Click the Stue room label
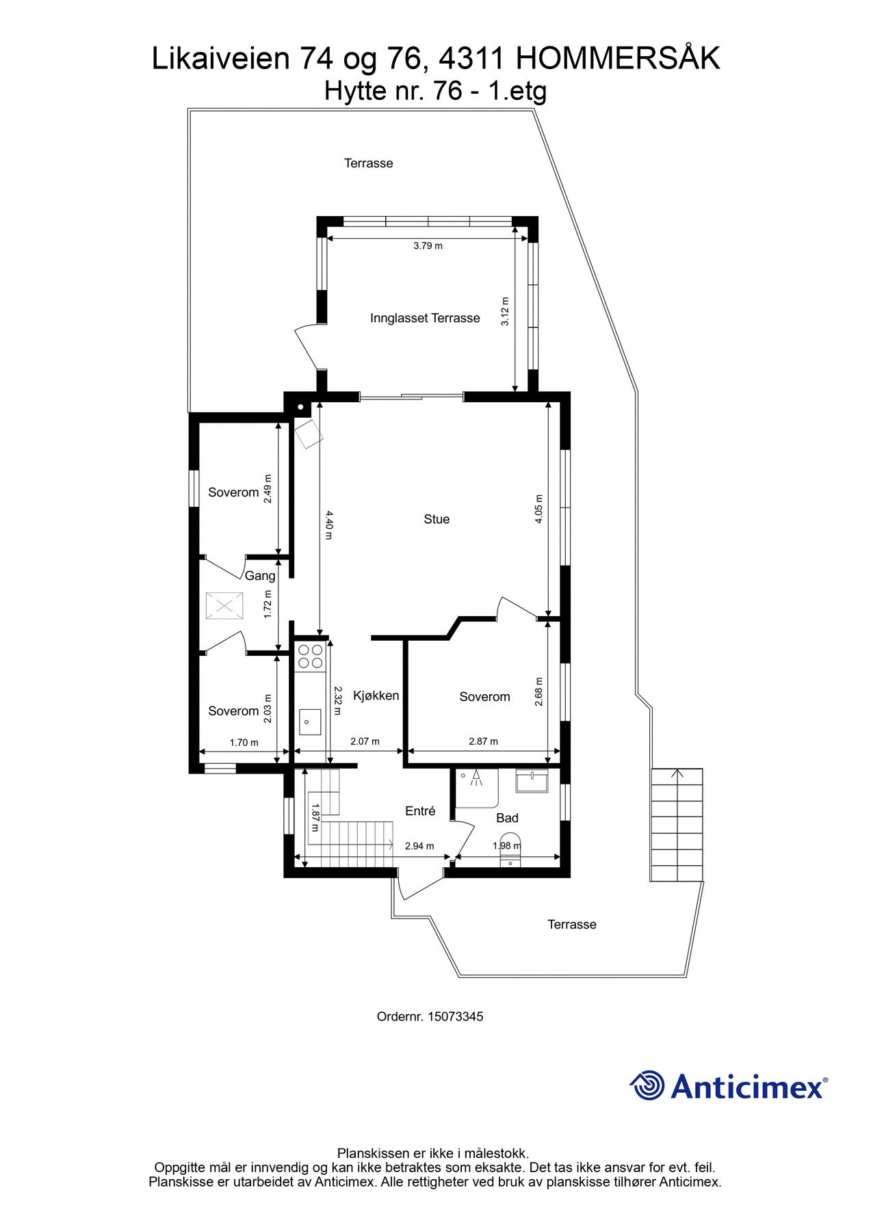[437, 519]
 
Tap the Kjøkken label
[376, 696]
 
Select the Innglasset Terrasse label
[425, 318]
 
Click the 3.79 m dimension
[428, 246]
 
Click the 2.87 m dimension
[483, 741]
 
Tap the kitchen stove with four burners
[310, 656]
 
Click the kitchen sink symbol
[310, 722]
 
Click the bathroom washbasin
[532, 780]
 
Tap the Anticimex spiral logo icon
[647, 1085]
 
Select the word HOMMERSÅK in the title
[617, 59]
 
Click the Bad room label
[507, 818]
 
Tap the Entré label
[420, 811]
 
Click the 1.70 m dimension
[244, 743]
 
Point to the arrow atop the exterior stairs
[677, 774]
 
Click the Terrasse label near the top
[368, 163]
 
